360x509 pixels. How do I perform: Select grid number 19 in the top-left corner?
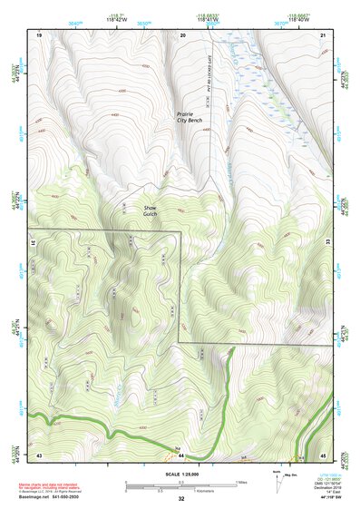coord(39,34)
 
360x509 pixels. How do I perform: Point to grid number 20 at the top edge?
coord(183,34)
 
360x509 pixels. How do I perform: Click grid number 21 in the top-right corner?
coord(324,34)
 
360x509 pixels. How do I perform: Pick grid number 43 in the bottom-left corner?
coord(39,454)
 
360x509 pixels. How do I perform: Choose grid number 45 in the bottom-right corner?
coord(324,454)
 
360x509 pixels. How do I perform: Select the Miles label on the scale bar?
coord(240,482)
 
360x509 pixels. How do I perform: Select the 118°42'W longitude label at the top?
coord(115,19)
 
